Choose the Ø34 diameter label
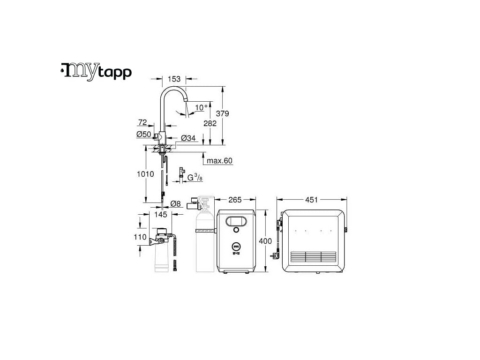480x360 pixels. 188,138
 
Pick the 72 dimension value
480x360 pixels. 142,122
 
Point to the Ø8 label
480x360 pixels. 176,203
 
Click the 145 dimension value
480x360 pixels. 160,214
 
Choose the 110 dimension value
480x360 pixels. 140,237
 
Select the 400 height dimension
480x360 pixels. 265,241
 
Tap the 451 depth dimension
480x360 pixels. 311,200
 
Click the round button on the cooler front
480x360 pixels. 235,230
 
